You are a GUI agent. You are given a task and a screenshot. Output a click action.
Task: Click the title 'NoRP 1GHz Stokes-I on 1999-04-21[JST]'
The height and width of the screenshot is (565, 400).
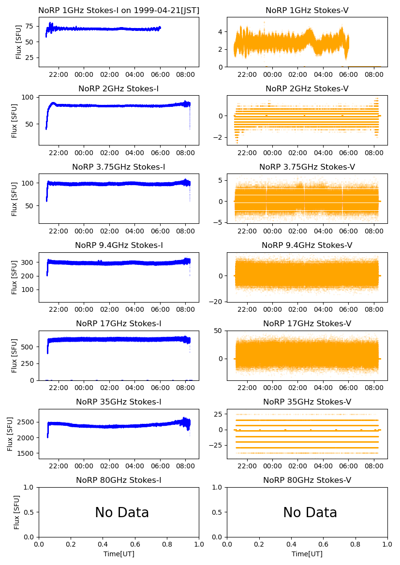tap(119, 10)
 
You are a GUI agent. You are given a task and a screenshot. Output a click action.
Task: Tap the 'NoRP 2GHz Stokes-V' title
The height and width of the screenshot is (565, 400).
tap(307, 88)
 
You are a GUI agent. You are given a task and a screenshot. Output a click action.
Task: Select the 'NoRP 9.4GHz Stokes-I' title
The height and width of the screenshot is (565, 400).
tap(119, 245)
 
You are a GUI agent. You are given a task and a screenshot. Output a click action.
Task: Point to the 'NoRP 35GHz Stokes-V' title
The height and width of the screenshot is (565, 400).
tap(307, 402)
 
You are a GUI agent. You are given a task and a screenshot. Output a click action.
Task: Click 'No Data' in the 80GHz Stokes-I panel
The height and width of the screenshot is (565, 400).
tap(122, 512)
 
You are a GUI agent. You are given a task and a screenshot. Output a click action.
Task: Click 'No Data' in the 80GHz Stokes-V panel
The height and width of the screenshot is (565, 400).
tap(310, 512)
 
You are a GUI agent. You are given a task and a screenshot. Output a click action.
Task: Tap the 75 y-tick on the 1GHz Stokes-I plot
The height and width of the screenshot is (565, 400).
tap(30, 26)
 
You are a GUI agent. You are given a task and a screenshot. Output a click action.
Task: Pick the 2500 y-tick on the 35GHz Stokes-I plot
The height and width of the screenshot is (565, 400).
tap(26, 422)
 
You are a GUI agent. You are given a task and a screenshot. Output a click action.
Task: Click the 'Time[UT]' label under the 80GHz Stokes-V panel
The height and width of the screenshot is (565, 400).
tap(307, 554)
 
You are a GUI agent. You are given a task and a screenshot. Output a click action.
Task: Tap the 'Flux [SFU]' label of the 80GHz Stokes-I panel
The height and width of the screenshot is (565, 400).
tap(17, 512)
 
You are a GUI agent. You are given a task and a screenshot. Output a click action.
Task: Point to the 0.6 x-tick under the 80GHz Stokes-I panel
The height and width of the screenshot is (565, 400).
tap(135, 545)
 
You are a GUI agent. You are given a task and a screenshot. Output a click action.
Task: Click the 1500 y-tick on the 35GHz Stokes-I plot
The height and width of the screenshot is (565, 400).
tap(26, 453)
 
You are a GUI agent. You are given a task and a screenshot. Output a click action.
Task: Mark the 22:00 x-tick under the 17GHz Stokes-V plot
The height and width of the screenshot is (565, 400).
tap(248, 388)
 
